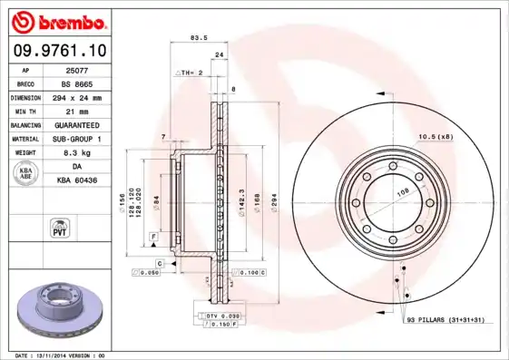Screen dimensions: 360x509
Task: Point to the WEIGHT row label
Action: point(25,153)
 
